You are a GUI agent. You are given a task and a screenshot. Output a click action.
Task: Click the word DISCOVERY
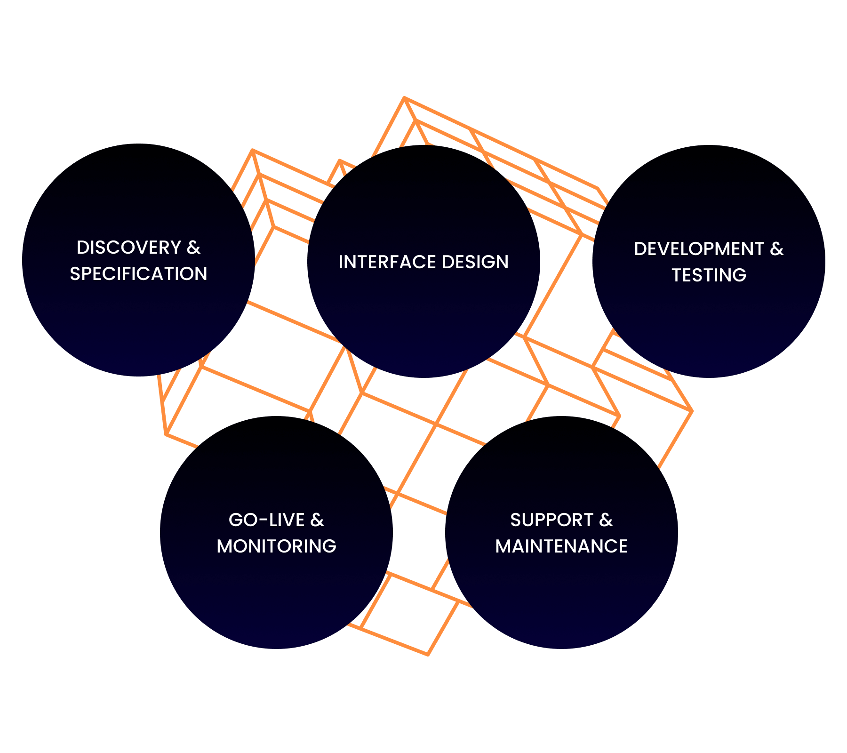click(128, 248)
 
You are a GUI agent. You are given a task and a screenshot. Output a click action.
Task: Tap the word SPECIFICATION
click(138, 274)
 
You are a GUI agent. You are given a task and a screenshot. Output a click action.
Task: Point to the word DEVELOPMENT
click(698, 249)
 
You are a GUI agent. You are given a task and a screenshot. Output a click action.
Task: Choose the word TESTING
click(709, 275)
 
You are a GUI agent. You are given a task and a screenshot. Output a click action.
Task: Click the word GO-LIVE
click(266, 520)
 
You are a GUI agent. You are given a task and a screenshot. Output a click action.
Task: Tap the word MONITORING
click(276, 546)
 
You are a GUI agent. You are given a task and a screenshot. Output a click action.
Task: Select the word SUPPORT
click(551, 520)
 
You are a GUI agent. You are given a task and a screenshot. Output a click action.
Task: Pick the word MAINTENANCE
click(561, 546)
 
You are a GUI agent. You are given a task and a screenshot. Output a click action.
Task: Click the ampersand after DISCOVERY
click(193, 248)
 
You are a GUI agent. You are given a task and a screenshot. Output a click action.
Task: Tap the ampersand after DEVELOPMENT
click(777, 249)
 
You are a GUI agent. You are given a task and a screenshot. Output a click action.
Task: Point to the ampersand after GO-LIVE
click(317, 520)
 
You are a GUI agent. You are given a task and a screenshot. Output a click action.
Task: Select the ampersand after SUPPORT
click(606, 520)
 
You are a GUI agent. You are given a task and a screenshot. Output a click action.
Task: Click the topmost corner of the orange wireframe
click(404, 97)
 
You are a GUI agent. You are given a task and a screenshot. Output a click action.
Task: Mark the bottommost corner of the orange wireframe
click(428, 654)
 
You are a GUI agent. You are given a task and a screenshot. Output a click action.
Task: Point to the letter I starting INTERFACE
click(341, 262)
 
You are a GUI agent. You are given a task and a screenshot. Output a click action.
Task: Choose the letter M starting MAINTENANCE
click(503, 546)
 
